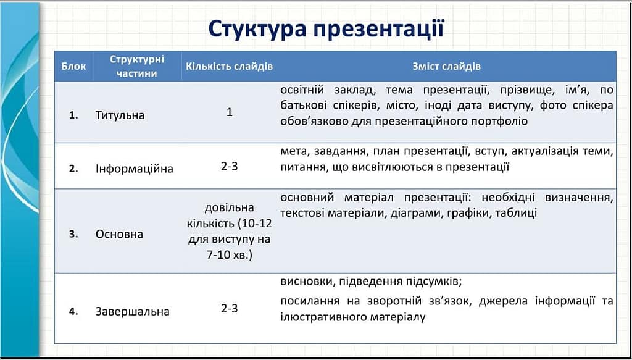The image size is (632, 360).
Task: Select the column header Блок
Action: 74,67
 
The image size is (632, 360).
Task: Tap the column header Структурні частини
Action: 137,67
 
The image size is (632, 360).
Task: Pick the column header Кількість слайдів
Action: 230,67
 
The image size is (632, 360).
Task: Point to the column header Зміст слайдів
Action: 446,67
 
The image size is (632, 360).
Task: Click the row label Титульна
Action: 120,115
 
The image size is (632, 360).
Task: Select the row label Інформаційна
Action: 134,169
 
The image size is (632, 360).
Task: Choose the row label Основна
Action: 119,234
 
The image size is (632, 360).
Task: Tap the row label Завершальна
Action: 133,312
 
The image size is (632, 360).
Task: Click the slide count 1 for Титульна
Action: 230,112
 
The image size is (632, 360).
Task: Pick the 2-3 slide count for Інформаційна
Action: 230,166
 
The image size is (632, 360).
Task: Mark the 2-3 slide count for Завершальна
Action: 230,309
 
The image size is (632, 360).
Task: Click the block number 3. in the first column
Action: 73,234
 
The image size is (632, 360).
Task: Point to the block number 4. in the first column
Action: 73,312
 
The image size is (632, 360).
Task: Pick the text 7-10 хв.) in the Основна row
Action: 229,256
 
